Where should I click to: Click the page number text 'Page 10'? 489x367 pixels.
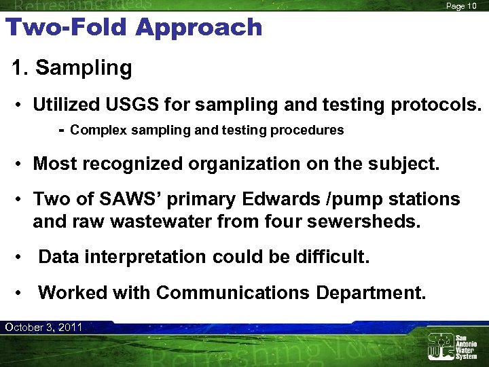tap(461, 6)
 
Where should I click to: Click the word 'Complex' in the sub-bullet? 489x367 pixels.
tap(96, 130)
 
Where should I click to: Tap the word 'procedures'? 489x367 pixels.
tap(310, 130)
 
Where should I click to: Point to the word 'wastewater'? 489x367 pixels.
tap(174, 222)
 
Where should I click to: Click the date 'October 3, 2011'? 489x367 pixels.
tap(43, 328)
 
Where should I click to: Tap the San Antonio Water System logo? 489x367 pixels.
tap(452, 346)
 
